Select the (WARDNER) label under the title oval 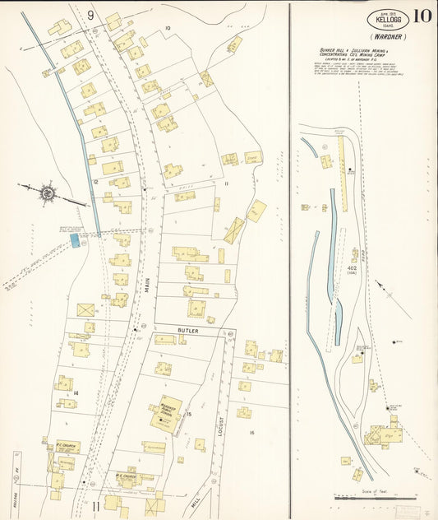pyautogui.click(x=387, y=37)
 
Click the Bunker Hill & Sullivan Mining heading pyautogui.click(x=362, y=53)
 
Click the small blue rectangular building pyautogui.click(x=75, y=239)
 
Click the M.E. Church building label pyautogui.click(x=127, y=475)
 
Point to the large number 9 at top pyautogui.click(x=90, y=15)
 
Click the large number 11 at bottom pyautogui.click(x=95, y=505)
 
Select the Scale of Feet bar pyautogui.click(x=374, y=497)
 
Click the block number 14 pyautogui.click(x=75, y=394)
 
